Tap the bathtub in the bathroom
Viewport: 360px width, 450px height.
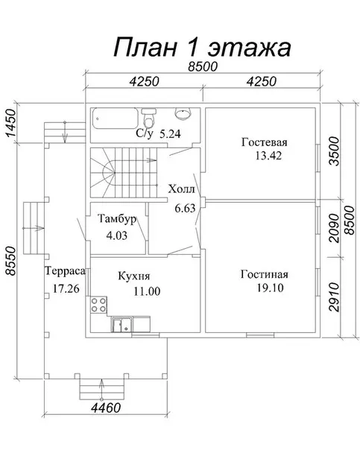tap(116, 118)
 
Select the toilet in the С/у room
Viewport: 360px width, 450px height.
tap(149, 118)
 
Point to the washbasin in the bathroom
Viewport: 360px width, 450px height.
tap(183, 113)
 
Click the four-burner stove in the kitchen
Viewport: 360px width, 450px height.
tap(98, 305)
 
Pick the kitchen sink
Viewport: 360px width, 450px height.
tap(122, 325)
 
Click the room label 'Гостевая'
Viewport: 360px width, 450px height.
tap(265, 142)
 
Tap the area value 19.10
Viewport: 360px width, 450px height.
tap(270, 288)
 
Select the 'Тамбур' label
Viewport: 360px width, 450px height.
tap(117, 219)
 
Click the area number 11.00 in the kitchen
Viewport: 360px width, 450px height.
tap(147, 291)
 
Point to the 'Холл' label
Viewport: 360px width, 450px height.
tap(181, 189)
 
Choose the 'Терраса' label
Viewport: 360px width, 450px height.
tap(66, 271)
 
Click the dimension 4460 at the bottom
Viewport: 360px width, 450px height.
tap(106, 408)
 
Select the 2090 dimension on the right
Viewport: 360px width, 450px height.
tap(335, 228)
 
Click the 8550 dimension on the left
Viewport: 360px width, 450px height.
tap(10, 261)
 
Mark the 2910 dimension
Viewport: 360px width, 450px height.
tap(335, 297)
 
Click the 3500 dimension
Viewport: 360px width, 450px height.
tap(335, 151)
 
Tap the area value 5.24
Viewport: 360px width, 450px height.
tap(170, 134)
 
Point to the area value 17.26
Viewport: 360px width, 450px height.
tap(66, 288)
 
